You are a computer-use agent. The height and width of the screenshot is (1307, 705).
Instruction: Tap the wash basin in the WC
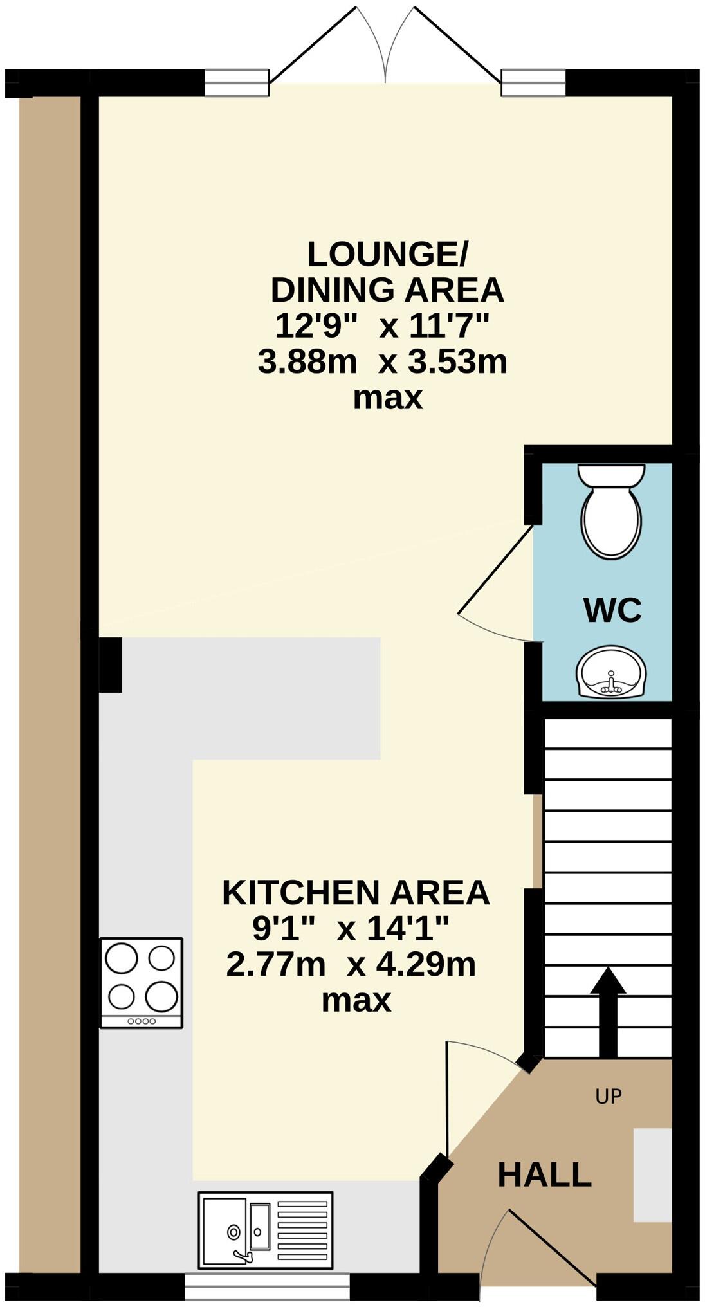(609, 672)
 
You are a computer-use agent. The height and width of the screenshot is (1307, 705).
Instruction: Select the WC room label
(612, 610)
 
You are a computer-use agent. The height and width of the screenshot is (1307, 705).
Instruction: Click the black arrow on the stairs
(607, 1012)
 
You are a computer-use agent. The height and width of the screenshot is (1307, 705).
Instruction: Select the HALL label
(544, 1174)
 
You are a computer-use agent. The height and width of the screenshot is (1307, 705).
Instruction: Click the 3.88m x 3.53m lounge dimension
(382, 362)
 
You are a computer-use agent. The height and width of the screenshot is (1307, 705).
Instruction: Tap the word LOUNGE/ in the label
(387, 255)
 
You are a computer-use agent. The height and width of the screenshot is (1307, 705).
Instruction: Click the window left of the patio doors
(236, 83)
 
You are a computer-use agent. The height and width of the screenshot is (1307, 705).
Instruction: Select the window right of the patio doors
(533, 83)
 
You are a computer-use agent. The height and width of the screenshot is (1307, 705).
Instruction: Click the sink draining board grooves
(302, 1230)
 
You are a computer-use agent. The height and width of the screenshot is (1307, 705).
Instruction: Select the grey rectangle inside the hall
(652, 1174)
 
